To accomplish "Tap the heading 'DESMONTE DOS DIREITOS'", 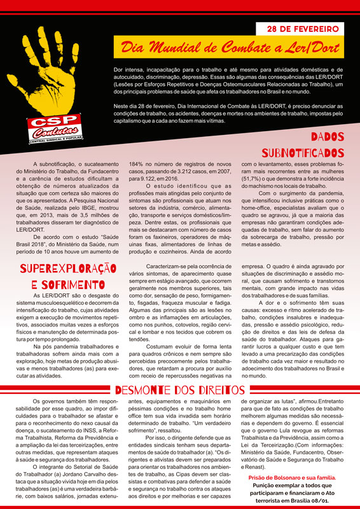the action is [x=180, y=389].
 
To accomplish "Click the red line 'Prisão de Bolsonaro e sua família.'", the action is [x=298, y=477].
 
